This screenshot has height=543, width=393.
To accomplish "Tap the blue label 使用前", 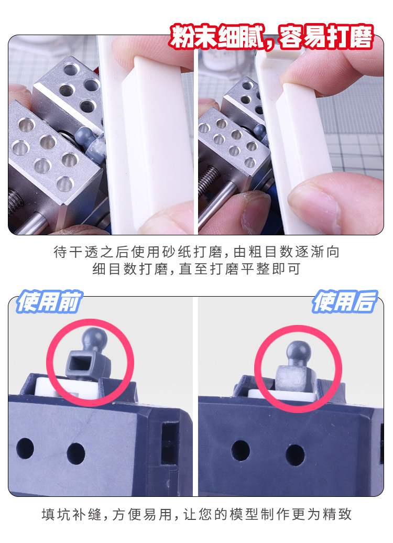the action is pos(49,301).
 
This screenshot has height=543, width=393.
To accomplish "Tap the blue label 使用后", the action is pos(344,301).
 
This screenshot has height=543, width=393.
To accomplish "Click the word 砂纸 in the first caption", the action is pos(177,252).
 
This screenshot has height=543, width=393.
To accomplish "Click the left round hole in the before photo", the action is pos(25,448).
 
